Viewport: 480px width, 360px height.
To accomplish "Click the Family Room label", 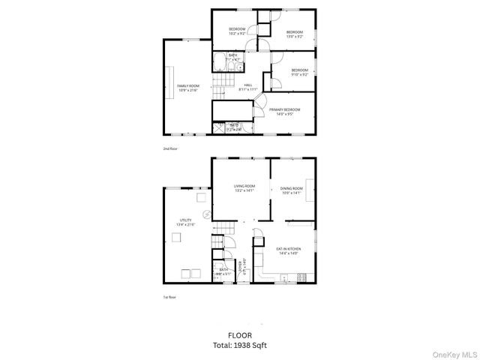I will [x=187, y=88].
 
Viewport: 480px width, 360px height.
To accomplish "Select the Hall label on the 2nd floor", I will [x=247, y=87].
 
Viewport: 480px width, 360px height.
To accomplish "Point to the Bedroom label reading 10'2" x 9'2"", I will [x=237, y=31].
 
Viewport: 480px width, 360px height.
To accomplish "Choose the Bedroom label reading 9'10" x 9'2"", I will [x=299, y=72].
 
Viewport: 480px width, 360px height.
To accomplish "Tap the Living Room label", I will [x=244, y=188].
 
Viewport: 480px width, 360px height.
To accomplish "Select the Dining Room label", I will [x=291, y=190].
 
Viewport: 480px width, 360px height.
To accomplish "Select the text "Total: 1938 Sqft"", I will [x=240, y=345].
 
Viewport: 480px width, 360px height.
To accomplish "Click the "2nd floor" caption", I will [x=170, y=149].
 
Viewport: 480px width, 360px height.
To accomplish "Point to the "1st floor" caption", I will [x=169, y=298].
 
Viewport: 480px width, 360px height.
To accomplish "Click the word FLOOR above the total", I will [x=240, y=334].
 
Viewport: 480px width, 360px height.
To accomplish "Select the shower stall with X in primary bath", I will [x=220, y=128].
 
